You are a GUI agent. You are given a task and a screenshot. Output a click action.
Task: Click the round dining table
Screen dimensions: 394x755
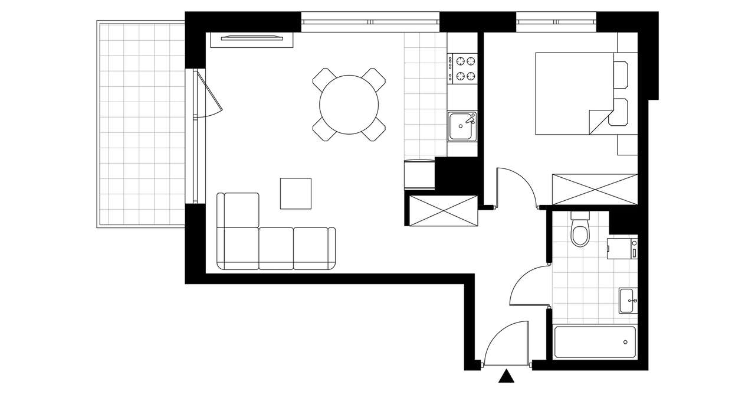pyautogui.click(x=349, y=105)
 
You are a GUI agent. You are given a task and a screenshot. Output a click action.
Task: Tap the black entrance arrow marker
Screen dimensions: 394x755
pyautogui.click(x=505, y=377)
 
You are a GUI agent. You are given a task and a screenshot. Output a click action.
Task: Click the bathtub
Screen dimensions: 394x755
pyautogui.click(x=595, y=342)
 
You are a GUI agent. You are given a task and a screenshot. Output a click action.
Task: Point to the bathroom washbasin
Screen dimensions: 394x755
pyautogui.click(x=628, y=301)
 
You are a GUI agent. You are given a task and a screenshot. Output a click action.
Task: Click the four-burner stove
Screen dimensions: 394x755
pyautogui.click(x=463, y=68)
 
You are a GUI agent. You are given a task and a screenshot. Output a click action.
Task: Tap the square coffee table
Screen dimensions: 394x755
pyautogui.click(x=296, y=193)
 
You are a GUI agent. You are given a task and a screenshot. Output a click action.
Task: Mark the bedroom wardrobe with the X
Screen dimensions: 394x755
pyautogui.click(x=595, y=190)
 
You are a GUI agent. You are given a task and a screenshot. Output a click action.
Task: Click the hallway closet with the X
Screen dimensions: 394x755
pyautogui.click(x=441, y=210)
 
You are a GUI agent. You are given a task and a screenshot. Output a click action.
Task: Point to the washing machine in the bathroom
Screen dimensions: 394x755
pyautogui.click(x=622, y=248)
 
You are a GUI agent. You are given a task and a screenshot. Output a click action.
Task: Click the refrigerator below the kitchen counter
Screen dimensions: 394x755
pyautogui.click(x=419, y=175)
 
